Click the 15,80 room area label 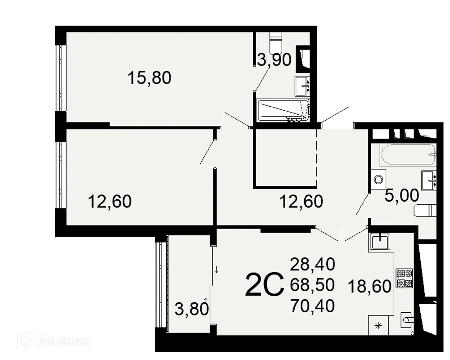click(x=149, y=78)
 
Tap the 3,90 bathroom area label click(x=274, y=60)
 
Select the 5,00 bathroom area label click(x=401, y=196)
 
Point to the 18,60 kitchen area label click(x=369, y=286)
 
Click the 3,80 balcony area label click(x=192, y=310)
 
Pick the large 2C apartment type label click(x=264, y=285)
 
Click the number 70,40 click(x=313, y=306)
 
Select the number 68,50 click(x=313, y=285)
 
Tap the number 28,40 click(x=313, y=264)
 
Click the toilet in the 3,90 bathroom click(x=276, y=42)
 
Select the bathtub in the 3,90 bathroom click(x=283, y=111)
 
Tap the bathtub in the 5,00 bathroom click(x=408, y=154)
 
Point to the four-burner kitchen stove click(x=404, y=278)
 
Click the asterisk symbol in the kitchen click(x=378, y=325)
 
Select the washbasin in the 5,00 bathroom click(x=429, y=180)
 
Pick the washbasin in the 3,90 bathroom click(x=302, y=86)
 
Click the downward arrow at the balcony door click(x=217, y=270)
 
